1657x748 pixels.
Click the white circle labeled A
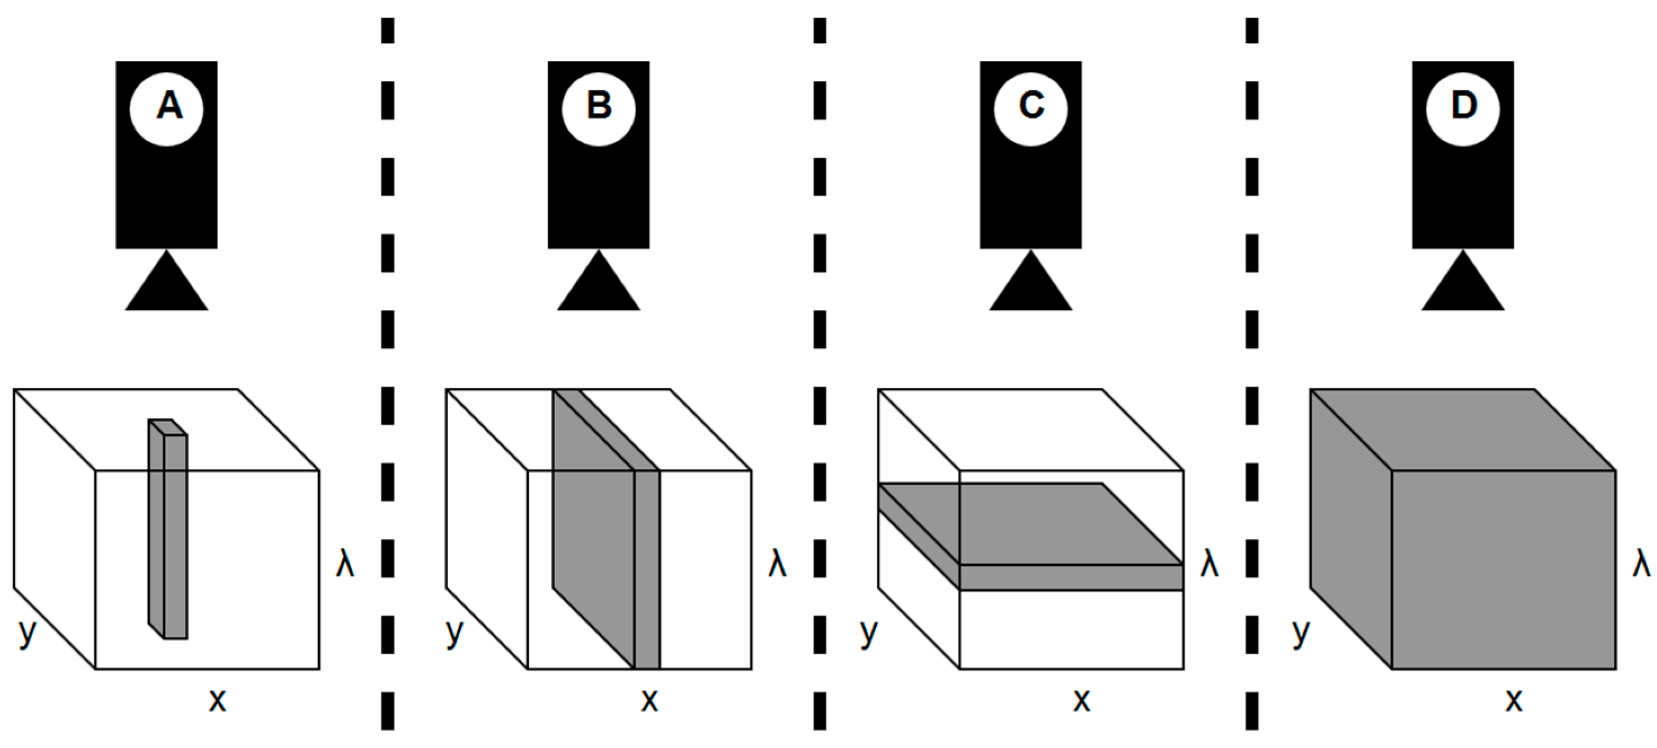[x=167, y=109]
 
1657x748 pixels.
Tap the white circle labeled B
[x=598, y=109]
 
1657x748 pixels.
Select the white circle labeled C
[x=1031, y=109]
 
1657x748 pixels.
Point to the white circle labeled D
[x=1463, y=109]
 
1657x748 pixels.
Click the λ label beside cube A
[x=345, y=564]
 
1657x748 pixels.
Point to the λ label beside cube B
[x=778, y=564]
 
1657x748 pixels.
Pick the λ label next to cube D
[x=1642, y=564]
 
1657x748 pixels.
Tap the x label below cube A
[x=217, y=700]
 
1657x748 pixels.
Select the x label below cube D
[x=1514, y=700]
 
